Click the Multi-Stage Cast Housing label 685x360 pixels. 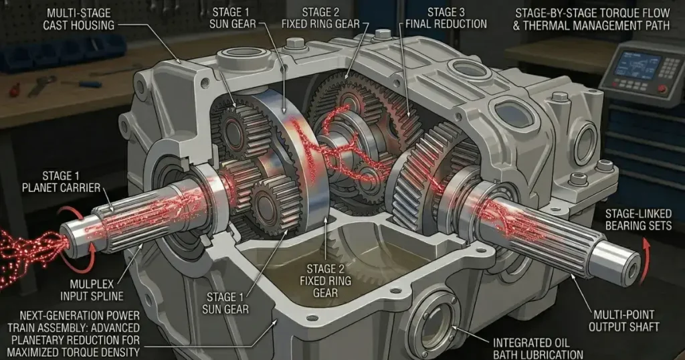pos(79,19)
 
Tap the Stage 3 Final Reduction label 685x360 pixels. pos(446,19)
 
